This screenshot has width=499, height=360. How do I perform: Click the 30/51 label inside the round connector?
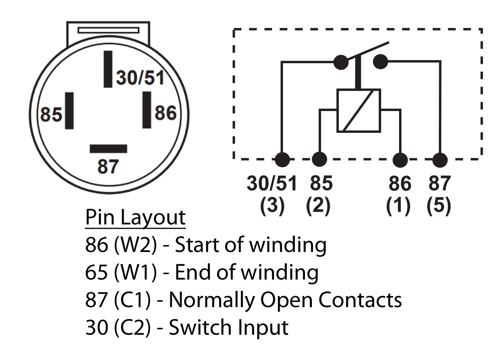pyautogui.click(x=140, y=78)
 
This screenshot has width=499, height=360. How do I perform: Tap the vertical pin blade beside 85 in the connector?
pyautogui.click(x=69, y=111)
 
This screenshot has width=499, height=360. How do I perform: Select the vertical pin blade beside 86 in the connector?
pyautogui.click(x=147, y=110)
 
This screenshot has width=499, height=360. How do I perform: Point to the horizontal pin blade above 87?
pyautogui.click(x=109, y=149)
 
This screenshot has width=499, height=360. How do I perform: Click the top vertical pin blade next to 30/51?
pyautogui.click(x=108, y=69)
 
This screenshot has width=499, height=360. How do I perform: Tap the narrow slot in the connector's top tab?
pyautogui.click(x=109, y=30)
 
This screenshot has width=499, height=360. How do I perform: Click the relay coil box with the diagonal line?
pyautogui.click(x=359, y=111)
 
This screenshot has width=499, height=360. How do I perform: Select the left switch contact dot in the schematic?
pyautogui.click(x=341, y=62)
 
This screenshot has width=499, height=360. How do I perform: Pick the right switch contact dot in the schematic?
pyautogui.click(x=380, y=62)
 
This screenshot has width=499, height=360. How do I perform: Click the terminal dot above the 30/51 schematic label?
pyautogui.click(x=282, y=160)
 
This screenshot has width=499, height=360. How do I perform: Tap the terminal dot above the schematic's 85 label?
pyautogui.click(x=320, y=159)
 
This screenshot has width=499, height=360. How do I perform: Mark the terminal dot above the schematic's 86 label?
pyautogui.click(x=400, y=160)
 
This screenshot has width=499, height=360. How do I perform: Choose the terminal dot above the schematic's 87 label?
pyautogui.click(x=440, y=160)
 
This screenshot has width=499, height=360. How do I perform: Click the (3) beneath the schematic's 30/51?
pyautogui.click(x=272, y=206)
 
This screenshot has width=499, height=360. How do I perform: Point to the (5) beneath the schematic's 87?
pyautogui.click(x=439, y=206)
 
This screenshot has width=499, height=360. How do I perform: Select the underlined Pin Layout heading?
pyautogui.click(x=135, y=218)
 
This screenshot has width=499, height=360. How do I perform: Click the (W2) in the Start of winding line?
pyautogui.click(x=135, y=245)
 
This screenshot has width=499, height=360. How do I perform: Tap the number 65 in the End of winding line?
pyautogui.click(x=96, y=272)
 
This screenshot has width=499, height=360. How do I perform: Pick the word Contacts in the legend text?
pyautogui.click(x=360, y=300)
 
